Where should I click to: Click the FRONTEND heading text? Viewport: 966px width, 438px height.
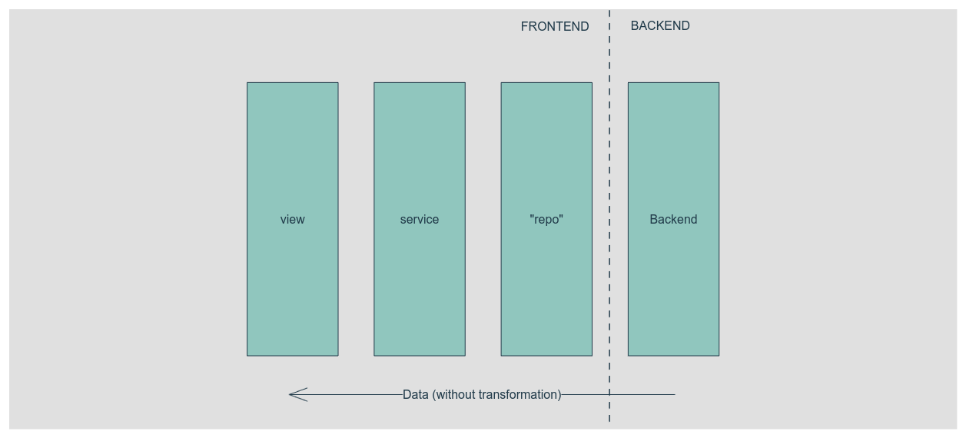554,27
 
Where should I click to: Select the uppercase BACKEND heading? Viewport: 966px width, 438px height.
659,26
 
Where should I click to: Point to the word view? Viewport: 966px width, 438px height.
292,220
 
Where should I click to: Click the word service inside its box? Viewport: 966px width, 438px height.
420,220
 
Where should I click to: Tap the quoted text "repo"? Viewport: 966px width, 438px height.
546,220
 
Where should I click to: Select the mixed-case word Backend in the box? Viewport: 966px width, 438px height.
673,220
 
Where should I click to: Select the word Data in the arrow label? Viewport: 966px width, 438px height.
416,395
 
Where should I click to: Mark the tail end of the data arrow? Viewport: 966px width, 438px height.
673,395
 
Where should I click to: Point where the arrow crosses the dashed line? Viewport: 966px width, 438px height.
609,395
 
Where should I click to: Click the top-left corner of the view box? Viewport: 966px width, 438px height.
247,83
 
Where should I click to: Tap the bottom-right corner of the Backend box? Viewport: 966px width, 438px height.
719,355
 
